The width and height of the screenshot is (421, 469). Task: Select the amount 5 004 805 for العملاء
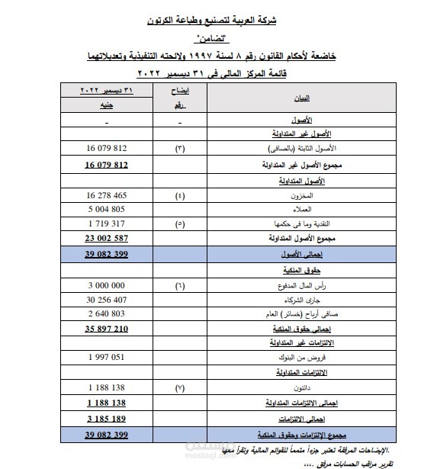[107, 209]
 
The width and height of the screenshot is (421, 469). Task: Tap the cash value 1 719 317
[107, 223]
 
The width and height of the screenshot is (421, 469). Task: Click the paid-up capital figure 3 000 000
[107, 285]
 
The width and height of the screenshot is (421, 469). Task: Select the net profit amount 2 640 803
[107, 313]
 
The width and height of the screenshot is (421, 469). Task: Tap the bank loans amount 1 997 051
[107, 357]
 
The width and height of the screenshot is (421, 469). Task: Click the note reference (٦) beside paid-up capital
[180, 285]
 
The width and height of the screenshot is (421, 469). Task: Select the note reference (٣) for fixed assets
[180, 148]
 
